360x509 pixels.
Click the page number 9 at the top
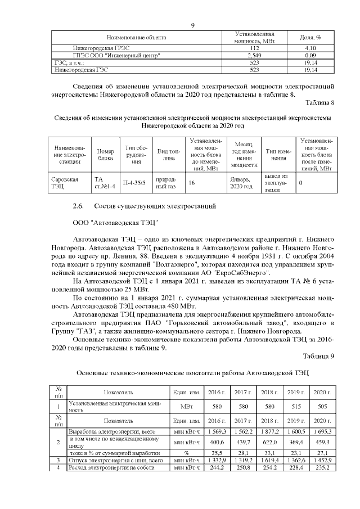[192, 25]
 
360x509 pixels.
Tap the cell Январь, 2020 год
[241, 183]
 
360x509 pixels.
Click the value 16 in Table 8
[192, 183]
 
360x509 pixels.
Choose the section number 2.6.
[79, 206]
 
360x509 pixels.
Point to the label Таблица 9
[319, 355]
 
